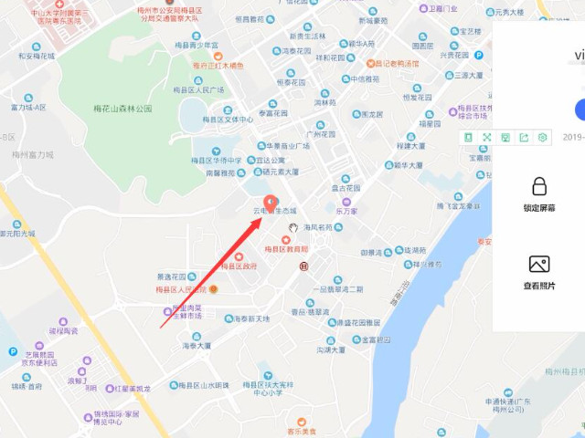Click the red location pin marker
coord(270,203)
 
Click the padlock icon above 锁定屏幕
coord(539,187)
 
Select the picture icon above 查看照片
coord(539,265)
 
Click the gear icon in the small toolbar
coord(543,137)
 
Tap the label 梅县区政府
coord(239,266)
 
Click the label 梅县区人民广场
coord(198,90)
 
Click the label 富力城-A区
coord(28,108)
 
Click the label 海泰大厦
coord(197,346)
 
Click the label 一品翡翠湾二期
coord(337,289)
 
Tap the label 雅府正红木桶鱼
coord(218,66)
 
